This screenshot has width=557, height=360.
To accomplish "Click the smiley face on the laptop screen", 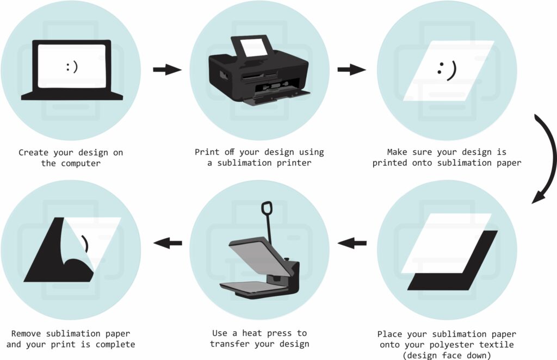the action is click(x=72, y=67).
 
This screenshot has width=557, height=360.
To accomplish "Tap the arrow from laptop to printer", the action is click(x=168, y=69).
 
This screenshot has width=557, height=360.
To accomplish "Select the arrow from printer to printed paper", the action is click(x=352, y=70).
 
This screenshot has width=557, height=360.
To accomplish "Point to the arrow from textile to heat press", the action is click(x=352, y=243).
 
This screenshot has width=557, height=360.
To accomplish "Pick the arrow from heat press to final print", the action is click(x=168, y=243).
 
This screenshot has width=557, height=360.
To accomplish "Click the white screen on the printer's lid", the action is click(x=253, y=47).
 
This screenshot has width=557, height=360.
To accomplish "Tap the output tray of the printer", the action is click(x=276, y=97).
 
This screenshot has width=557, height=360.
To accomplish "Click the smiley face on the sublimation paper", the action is click(x=447, y=71).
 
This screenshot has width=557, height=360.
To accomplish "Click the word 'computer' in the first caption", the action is click(x=81, y=163).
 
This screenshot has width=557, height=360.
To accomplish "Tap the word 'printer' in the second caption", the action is click(x=294, y=163).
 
